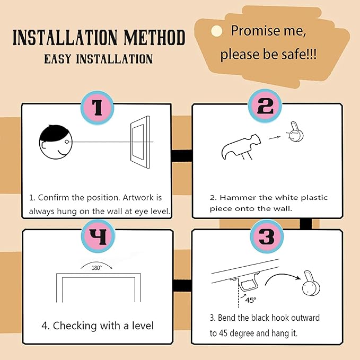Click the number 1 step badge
click(x=98, y=108)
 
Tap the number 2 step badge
click(x=265, y=106)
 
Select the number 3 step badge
click(x=267, y=236)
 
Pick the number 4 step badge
click(x=98, y=236)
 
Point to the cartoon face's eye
click(x=67, y=142)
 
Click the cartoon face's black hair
click(x=54, y=133)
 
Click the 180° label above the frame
click(x=96, y=268)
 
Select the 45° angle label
click(x=250, y=300)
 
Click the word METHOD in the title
click(x=154, y=37)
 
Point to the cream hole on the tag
click(x=216, y=31)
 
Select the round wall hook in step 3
click(x=311, y=283)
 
